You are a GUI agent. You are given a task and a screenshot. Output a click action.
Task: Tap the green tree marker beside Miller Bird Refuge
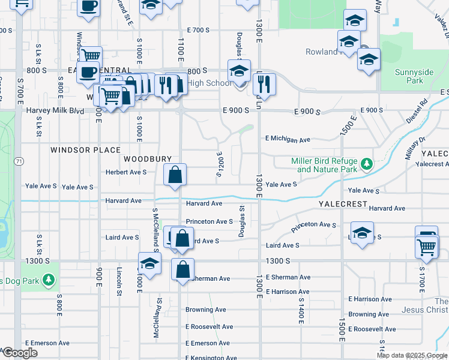(x=367, y=163)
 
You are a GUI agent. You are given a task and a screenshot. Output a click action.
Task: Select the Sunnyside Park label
(x=414, y=76)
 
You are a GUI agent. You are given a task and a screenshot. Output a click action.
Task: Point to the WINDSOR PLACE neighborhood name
(x=85, y=150)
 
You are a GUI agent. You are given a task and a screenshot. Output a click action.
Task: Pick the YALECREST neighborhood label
(x=343, y=204)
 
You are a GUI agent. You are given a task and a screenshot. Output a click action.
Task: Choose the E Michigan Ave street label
(x=288, y=139)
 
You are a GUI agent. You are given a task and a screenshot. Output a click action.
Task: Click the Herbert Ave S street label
(x=127, y=172)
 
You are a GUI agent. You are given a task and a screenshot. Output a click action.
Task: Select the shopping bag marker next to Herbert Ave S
(x=175, y=175)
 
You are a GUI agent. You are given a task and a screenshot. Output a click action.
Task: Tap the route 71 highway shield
(x=20, y=161)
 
